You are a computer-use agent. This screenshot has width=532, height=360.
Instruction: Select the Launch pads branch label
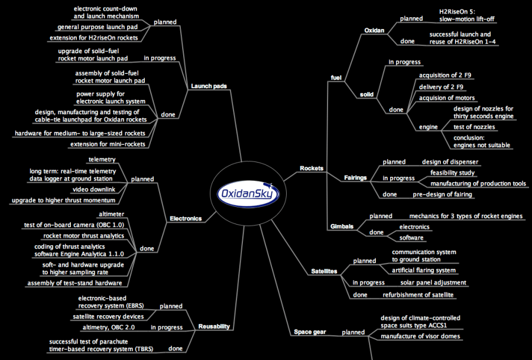click(209, 86)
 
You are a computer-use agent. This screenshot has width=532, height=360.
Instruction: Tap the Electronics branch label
click(186, 218)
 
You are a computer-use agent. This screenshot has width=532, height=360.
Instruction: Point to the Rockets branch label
click(312, 168)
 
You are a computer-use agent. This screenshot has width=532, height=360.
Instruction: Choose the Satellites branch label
click(324, 271)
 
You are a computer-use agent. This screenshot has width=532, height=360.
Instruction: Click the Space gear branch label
click(310, 332)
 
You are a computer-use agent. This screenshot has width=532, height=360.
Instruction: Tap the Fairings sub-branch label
click(356, 177)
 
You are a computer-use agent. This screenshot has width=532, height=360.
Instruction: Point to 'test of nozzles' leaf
click(474, 127)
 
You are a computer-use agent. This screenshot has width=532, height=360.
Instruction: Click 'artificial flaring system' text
click(424, 270)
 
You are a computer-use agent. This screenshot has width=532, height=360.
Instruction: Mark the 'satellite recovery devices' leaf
click(113, 316)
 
